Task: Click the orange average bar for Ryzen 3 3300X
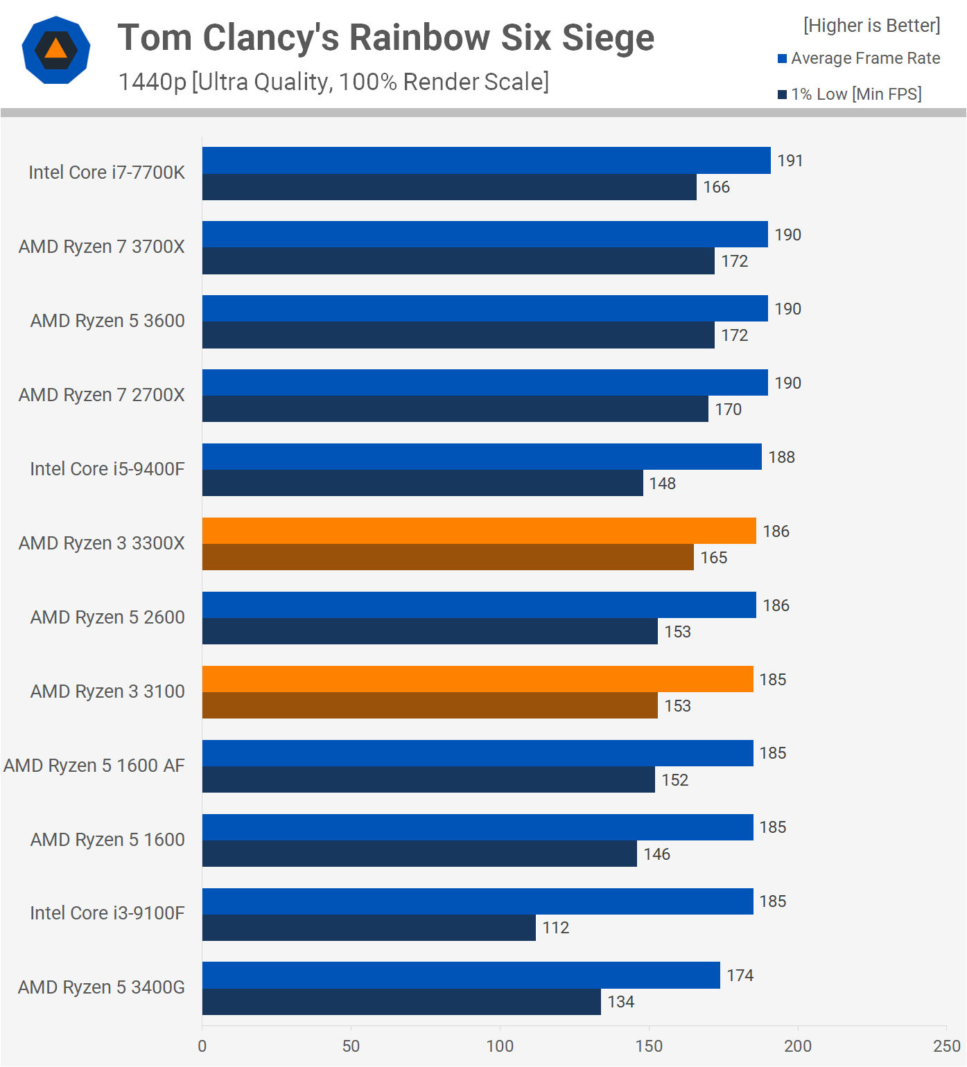click(x=479, y=531)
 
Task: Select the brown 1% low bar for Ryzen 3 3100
click(x=430, y=705)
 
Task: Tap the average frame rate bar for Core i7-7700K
click(x=486, y=160)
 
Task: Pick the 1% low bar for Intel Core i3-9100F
click(x=369, y=928)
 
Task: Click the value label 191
click(x=790, y=161)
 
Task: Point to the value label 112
click(x=556, y=928)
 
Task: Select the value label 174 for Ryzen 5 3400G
click(x=740, y=976)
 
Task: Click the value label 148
click(x=663, y=484)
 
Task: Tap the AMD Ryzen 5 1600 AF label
click(x=94, y=766)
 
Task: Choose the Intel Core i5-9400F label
click(x=107, y=469)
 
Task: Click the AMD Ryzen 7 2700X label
click(x=102, y=395)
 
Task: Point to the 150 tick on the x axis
click(x=649, y=1046)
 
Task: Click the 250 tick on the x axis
click(x=947, y=1046)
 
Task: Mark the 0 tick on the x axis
click(x=202, y=1046)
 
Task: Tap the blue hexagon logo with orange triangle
click(x=56, y=50)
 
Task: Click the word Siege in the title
click(x=608, y=38)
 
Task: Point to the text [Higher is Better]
click(x=872, y=26)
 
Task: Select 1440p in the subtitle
click(x=153, y=82)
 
